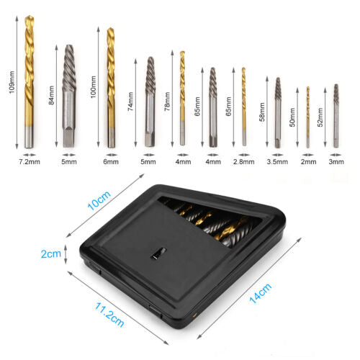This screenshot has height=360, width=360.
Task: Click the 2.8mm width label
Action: (244, 163)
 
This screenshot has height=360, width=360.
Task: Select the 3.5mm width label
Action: (277, 163)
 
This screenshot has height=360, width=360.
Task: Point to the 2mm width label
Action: (307, 163)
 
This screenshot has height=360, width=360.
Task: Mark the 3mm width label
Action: (336, 163)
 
